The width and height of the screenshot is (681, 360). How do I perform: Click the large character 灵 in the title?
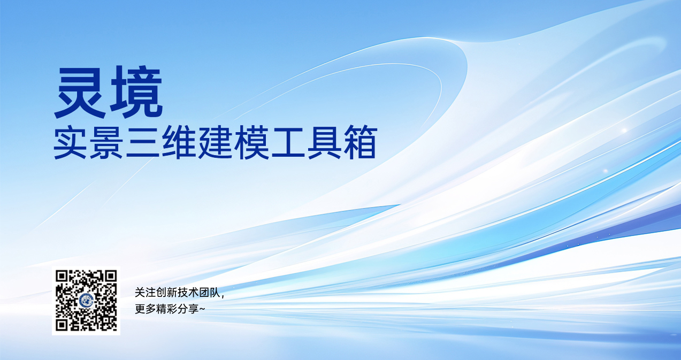tap(80, 92)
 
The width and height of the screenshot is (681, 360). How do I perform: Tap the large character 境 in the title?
tap(136, 92)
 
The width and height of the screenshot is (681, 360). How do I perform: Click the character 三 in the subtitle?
tap(143, 143)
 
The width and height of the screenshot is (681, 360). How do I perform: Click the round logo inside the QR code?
tap(86, 301)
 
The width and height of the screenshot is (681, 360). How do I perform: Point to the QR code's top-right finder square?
tap(111, 277)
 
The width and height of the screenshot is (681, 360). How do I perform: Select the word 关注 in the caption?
tap(146, 293)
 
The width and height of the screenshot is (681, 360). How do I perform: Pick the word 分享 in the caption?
tap(188, 309)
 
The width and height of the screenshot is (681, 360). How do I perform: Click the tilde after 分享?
tap(202, 310)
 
